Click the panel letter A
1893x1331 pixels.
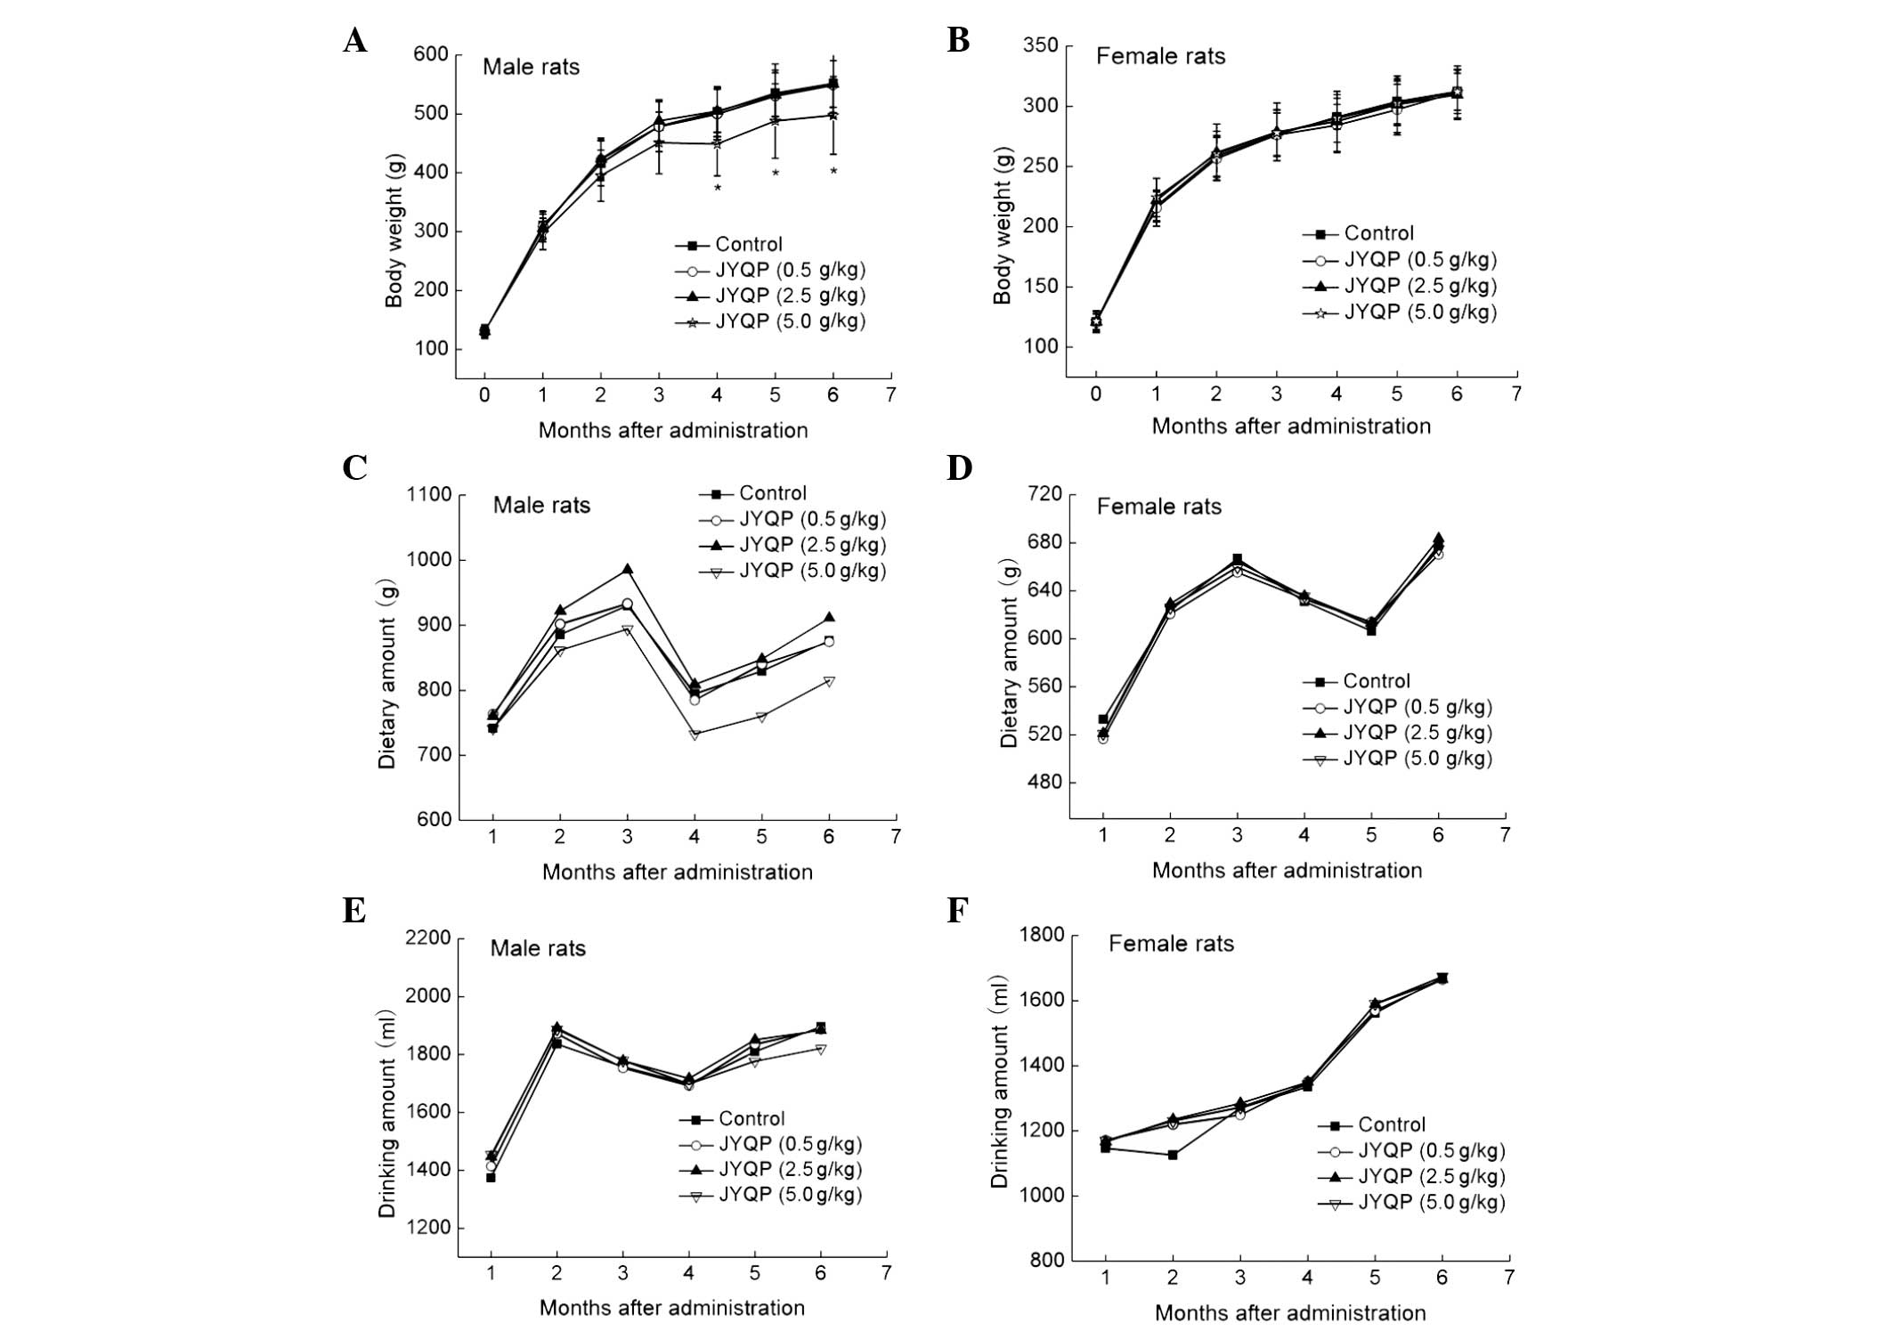point(354,41)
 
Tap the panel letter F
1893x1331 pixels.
point(957,911)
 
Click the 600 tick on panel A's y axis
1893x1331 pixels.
point(430,54)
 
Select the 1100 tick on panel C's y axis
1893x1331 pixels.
point(428,495)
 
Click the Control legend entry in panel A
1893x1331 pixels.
point(748,244)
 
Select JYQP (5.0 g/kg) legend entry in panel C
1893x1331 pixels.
point(812,571)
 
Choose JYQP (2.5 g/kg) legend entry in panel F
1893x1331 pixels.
point(1431,1176)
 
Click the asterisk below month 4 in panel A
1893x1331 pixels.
point(717,188)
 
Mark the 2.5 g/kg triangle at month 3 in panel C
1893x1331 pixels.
point(627,569)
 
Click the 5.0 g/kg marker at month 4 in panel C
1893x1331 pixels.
point(695,734)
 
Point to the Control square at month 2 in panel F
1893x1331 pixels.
point(1173,1155)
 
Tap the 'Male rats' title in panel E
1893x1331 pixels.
point(538,948)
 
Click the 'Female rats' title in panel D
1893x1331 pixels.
point(1158,507)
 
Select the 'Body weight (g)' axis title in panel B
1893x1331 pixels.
point(1003,230)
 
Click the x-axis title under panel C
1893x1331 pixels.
point(677,872)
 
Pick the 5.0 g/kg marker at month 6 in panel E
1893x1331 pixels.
point(821,1049)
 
